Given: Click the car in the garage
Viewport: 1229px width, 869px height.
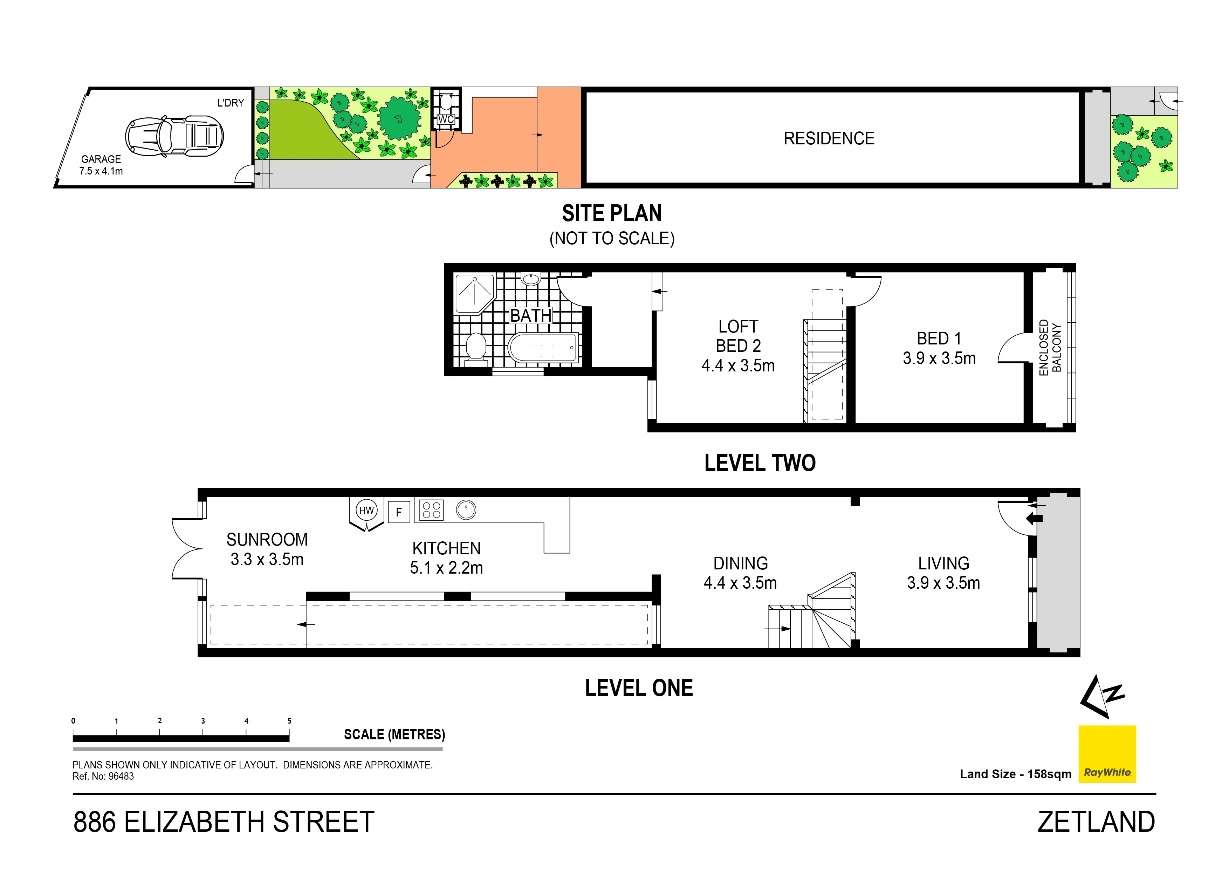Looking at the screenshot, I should pos(174,137).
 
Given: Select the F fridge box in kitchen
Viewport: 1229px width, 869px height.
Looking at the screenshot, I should pos(399,512).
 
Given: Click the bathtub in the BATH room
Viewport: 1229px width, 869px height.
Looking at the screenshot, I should pos(544,348).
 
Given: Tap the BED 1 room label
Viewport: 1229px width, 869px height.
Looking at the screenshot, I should pos(939,348).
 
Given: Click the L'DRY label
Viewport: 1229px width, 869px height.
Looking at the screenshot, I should pos(231,103).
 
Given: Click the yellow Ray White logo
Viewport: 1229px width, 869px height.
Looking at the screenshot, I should pos(1107,754).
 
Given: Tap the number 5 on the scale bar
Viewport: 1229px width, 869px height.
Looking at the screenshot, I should pos(290,721).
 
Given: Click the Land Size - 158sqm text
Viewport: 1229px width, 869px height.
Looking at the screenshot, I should pos(1015,774).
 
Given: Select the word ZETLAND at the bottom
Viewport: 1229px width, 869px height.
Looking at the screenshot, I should pos(1096,822).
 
